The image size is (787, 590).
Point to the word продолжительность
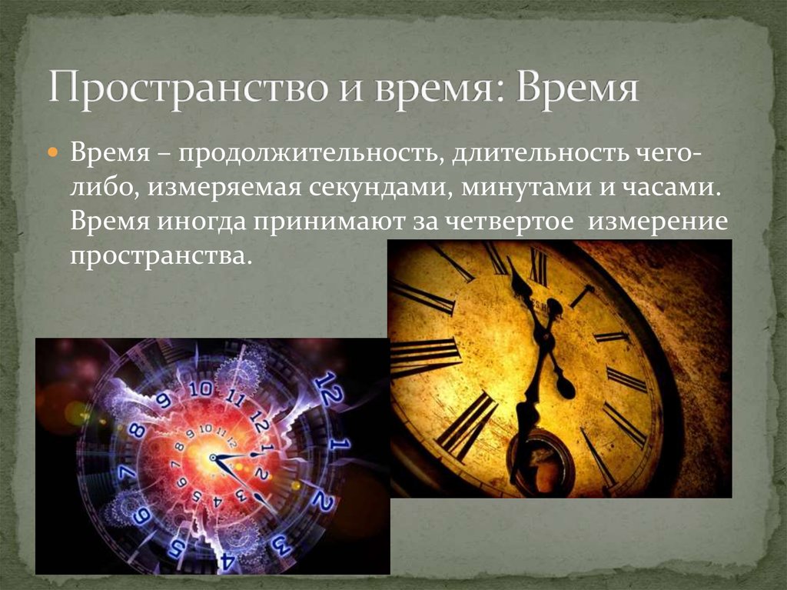[307, 153]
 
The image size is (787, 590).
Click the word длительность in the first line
[540, 152]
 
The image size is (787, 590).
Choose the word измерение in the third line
[658, 222]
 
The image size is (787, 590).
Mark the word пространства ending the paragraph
[159, 256]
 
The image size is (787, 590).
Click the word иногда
[200, 222]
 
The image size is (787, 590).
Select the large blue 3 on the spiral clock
[281, 545]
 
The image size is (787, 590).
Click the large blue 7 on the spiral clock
[128, 473]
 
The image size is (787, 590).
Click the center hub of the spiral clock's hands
[213, 458]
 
